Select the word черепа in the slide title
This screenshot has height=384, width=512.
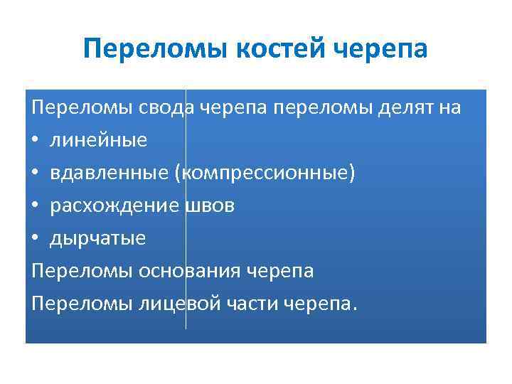(381, 49)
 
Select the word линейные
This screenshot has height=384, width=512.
(98, 140)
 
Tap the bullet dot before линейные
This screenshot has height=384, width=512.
(37, 141)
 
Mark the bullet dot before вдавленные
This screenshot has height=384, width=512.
(37, 174)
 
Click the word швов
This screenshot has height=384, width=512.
(210, 206)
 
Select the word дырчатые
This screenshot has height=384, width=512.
(97, 238)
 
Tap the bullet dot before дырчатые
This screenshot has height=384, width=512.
(37, 239)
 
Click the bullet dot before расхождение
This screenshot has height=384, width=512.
(37, 206)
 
